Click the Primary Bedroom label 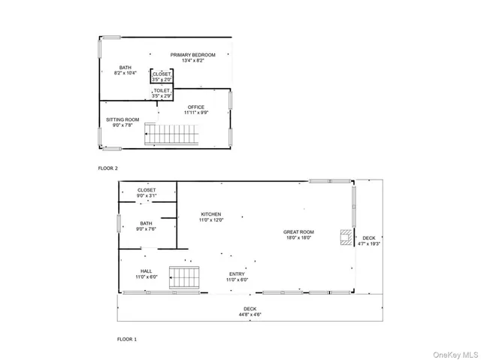pyautogui.click(x=192, y=57)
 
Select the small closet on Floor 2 pyautogui.click(x=162, y=77)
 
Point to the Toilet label pyautogui.click(x=162, y=94)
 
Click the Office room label pyautogui.click(x=196, y=110)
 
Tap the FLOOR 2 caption pyautogui.click(x=108, y=168)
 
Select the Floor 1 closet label pyautogui.click(x=147, y=192)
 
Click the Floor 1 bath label pyautogui.click(x=146, y=225)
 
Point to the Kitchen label pyautogui.click(x=210, y=217)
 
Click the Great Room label pyautogui.click(x=298, y=234)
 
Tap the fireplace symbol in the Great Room pyautogui.click(x=343, y=237)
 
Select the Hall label pyautogui.click(x=146, y=274)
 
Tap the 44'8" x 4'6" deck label pyautogui.click(x=250, y=311)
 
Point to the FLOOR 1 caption pyautogui.click(x=126, y=340)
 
